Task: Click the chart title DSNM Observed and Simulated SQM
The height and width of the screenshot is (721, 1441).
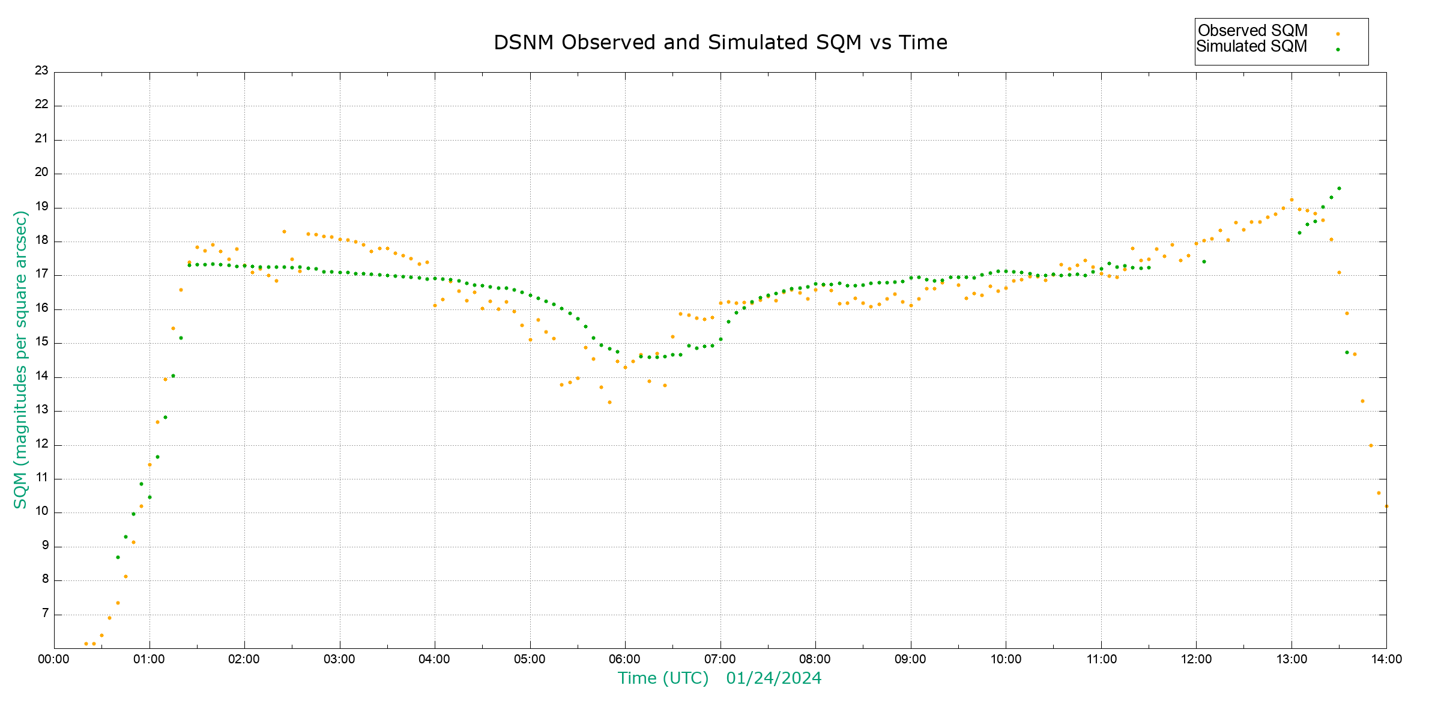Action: (x=720, y=43)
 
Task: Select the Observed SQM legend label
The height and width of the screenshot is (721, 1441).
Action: (x=1252, y=31)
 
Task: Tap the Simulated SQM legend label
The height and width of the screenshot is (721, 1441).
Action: (x=1251, y=46)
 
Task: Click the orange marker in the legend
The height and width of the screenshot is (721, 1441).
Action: (x=1338, y=34)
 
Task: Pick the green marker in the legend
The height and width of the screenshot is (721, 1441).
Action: (x=1338, y=49)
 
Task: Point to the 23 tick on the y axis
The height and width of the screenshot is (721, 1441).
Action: (x=41, y=71)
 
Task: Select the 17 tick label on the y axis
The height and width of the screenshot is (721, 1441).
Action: (x=41, y=275)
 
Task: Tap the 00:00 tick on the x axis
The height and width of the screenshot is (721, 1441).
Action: (x=54, y=659)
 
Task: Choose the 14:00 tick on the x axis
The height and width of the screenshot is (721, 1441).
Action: (x=1386, y=659)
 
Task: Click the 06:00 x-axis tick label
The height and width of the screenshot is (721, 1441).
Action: (x=625, y=659)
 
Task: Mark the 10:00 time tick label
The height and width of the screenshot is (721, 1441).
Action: (x=1006, y=659)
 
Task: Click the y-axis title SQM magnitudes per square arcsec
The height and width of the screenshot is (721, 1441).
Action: (x=21, y=359)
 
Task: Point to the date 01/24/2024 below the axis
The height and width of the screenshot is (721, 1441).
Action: (x=773, y=678)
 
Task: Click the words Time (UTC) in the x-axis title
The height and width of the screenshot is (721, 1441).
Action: (x=663, y=678)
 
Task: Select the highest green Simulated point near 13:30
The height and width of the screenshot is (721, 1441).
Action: (x=1339, y=188)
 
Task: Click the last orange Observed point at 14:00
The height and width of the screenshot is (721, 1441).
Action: (x=1386, y=506)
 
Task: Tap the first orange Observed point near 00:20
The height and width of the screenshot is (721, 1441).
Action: (x=86, y=643)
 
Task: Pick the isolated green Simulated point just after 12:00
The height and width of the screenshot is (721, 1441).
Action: (x=1204, y=261)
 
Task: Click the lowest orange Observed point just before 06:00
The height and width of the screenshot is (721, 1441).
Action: (x=609, y=402)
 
